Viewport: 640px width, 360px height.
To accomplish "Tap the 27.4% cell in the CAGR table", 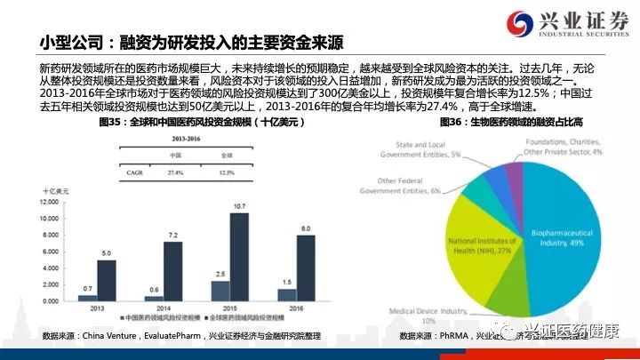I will pos(176,172).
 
